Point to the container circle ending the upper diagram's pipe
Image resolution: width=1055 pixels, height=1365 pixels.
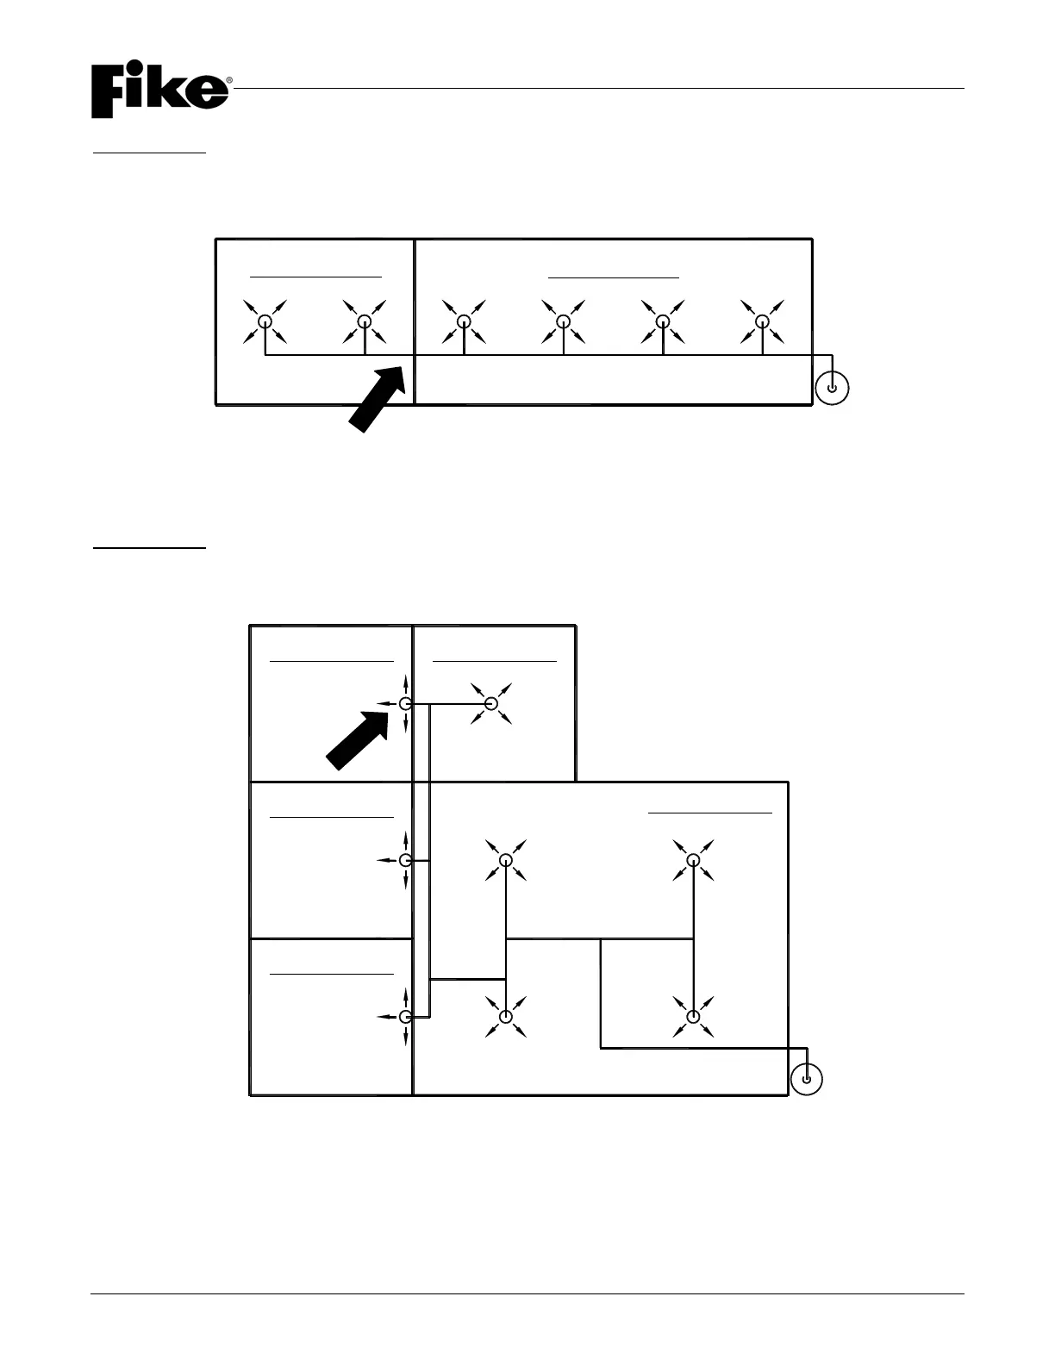[x=831, y=388]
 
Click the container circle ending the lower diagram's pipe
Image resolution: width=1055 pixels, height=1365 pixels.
[x=806, y=1078]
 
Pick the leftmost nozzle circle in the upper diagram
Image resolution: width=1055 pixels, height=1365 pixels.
[x=265, y=321]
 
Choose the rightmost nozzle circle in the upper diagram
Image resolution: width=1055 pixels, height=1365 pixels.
[x=762, y=321]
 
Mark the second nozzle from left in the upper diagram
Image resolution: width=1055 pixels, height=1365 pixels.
[x=365, y=321]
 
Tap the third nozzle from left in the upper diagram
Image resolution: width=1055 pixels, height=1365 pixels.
[x=464, y=321]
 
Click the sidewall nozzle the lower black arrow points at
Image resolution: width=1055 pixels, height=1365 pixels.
[x=405, y=704]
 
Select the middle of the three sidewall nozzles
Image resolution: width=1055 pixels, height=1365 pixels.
[x=405, y=860]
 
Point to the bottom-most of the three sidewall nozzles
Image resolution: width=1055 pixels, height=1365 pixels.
[x=405, y=1017]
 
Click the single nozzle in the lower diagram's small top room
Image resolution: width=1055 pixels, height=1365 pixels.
[x=491, y=704]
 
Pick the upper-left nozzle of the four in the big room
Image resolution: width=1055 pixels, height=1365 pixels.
[x=506, y=860]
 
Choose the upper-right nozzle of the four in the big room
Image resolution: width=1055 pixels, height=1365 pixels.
[x=693, y=860]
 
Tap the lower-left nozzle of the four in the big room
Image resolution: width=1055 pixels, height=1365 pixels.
[x=506, y=1017]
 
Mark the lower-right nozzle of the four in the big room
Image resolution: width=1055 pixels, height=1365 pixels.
[x=693, y=1017]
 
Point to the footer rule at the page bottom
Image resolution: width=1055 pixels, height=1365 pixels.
[x=527, y=1293]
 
